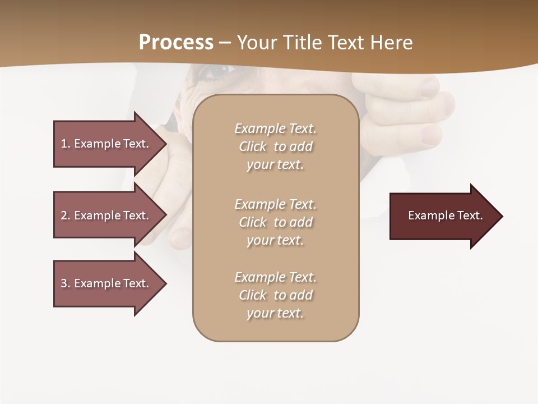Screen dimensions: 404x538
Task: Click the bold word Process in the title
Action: pos(176,43)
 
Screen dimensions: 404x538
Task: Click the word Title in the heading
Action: pos(303,43)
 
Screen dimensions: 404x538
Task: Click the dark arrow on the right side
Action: pos(446,216)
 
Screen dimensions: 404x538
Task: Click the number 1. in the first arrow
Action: pos(66,144)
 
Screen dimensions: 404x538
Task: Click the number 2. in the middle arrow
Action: pos(66,215)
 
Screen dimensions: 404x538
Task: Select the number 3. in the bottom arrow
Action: pos(66,283)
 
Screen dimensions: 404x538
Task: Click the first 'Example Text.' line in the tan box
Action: pos(275,128)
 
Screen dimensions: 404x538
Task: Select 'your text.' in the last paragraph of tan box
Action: pos(275,313)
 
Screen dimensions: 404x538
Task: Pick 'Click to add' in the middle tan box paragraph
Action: pos(275,222)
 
